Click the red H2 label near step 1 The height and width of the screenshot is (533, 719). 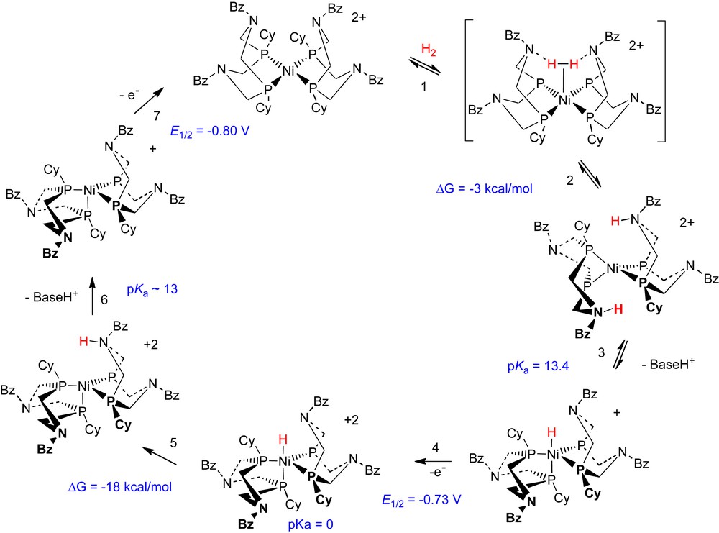(428, 50)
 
